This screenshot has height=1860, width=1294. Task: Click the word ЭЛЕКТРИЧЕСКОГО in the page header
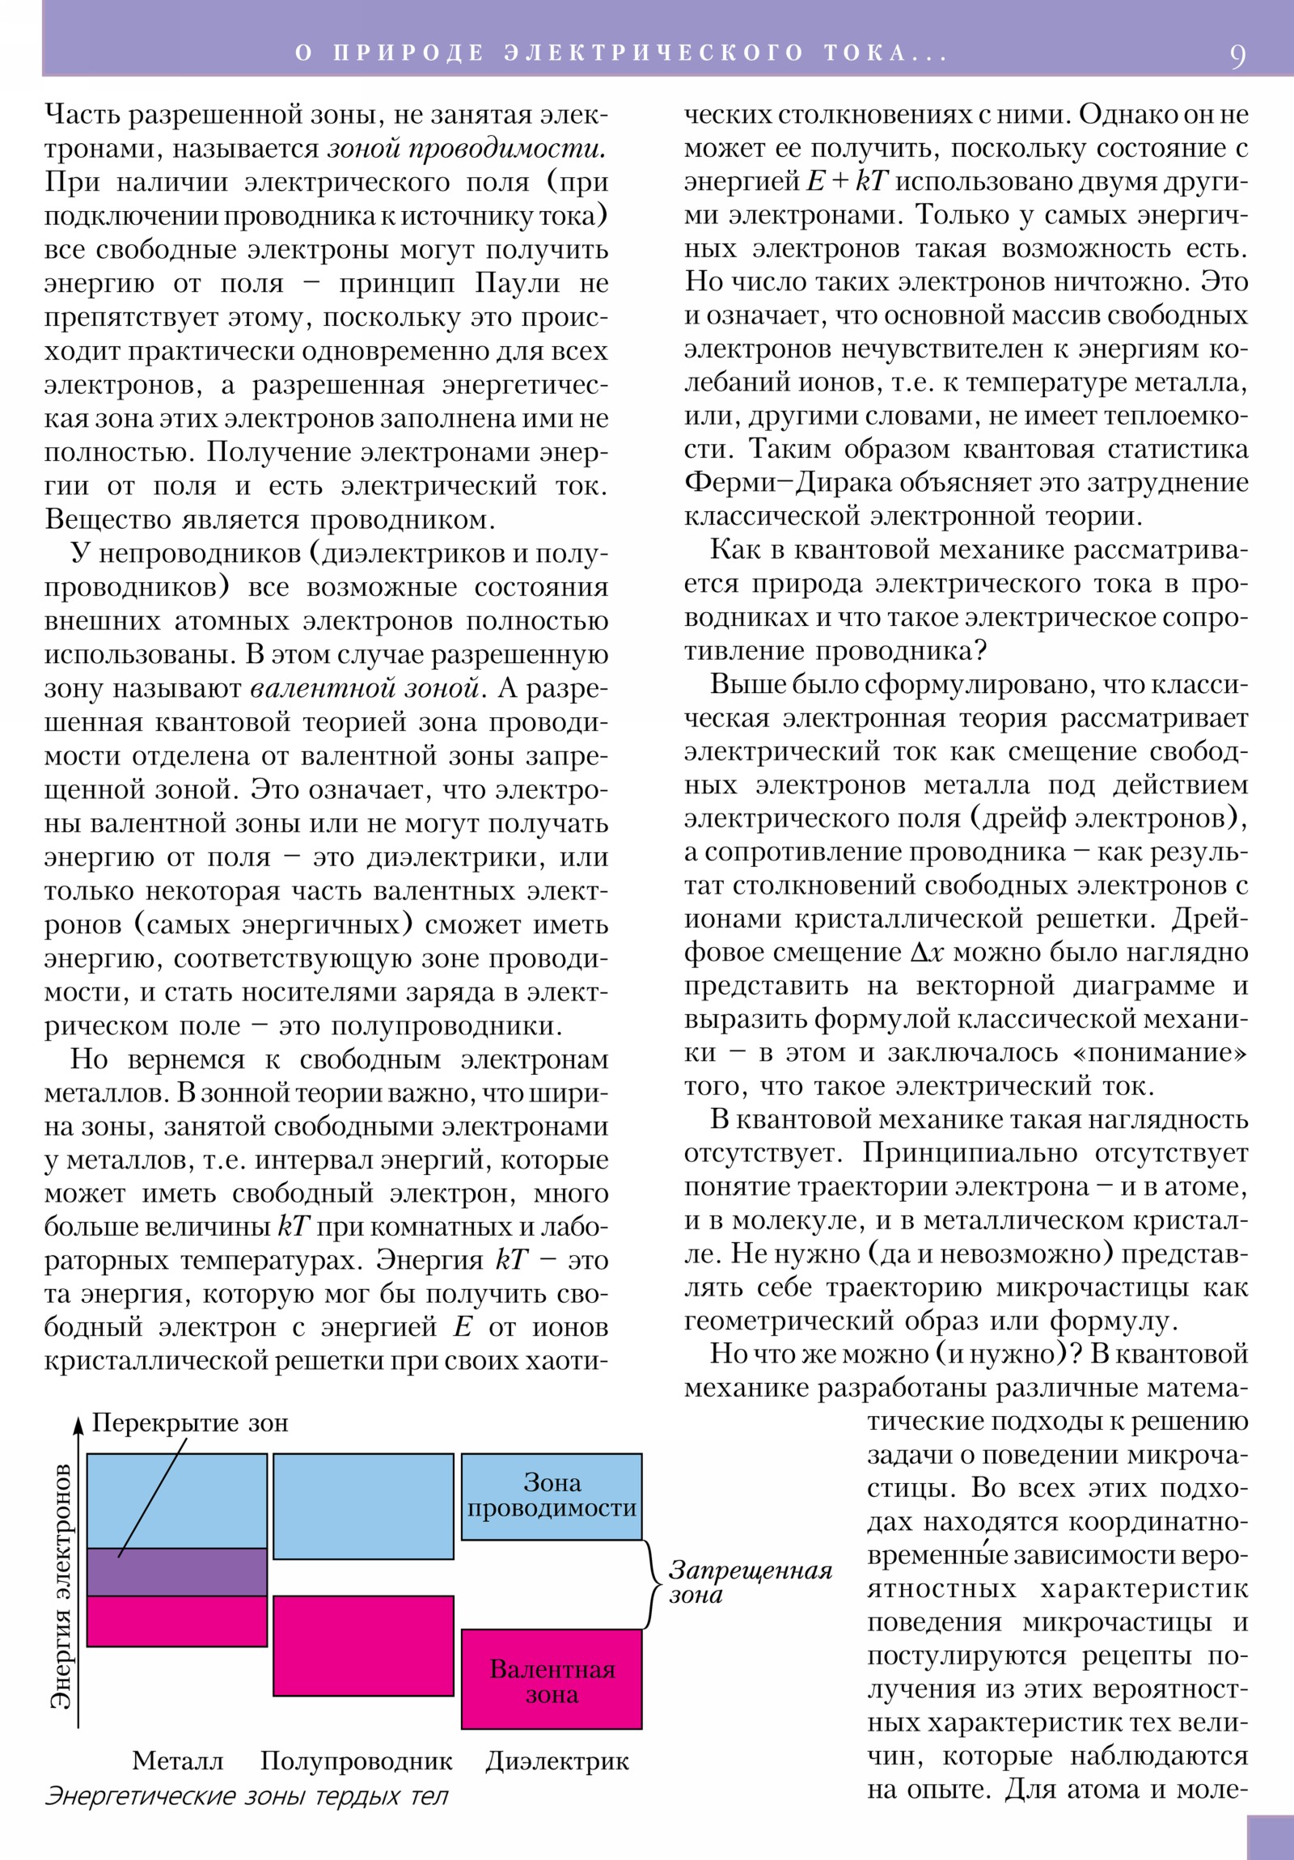coord(653,53)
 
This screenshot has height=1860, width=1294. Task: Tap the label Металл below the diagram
coord(177,1761)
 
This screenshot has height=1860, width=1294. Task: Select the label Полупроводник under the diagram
coord(357,1761)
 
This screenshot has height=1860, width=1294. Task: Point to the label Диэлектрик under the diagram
coord(557,1761)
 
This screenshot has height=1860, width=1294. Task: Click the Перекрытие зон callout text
coord(189,1422)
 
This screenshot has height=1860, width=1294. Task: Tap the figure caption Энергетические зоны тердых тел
coord(247,1795)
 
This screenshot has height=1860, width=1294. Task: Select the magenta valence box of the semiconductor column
coord(363,1646)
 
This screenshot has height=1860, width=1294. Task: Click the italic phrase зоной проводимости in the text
coord(467,149)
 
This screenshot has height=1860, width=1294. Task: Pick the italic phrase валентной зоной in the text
coord(366,688)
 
